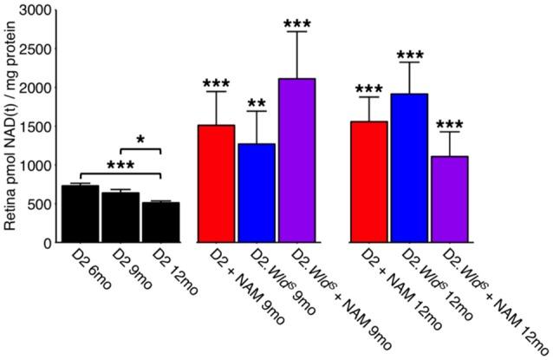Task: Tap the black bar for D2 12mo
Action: coord(160,223)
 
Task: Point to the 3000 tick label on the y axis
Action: coord(32,10)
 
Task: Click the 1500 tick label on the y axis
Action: coord(32,127)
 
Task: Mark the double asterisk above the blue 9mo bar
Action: coord(257,104)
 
